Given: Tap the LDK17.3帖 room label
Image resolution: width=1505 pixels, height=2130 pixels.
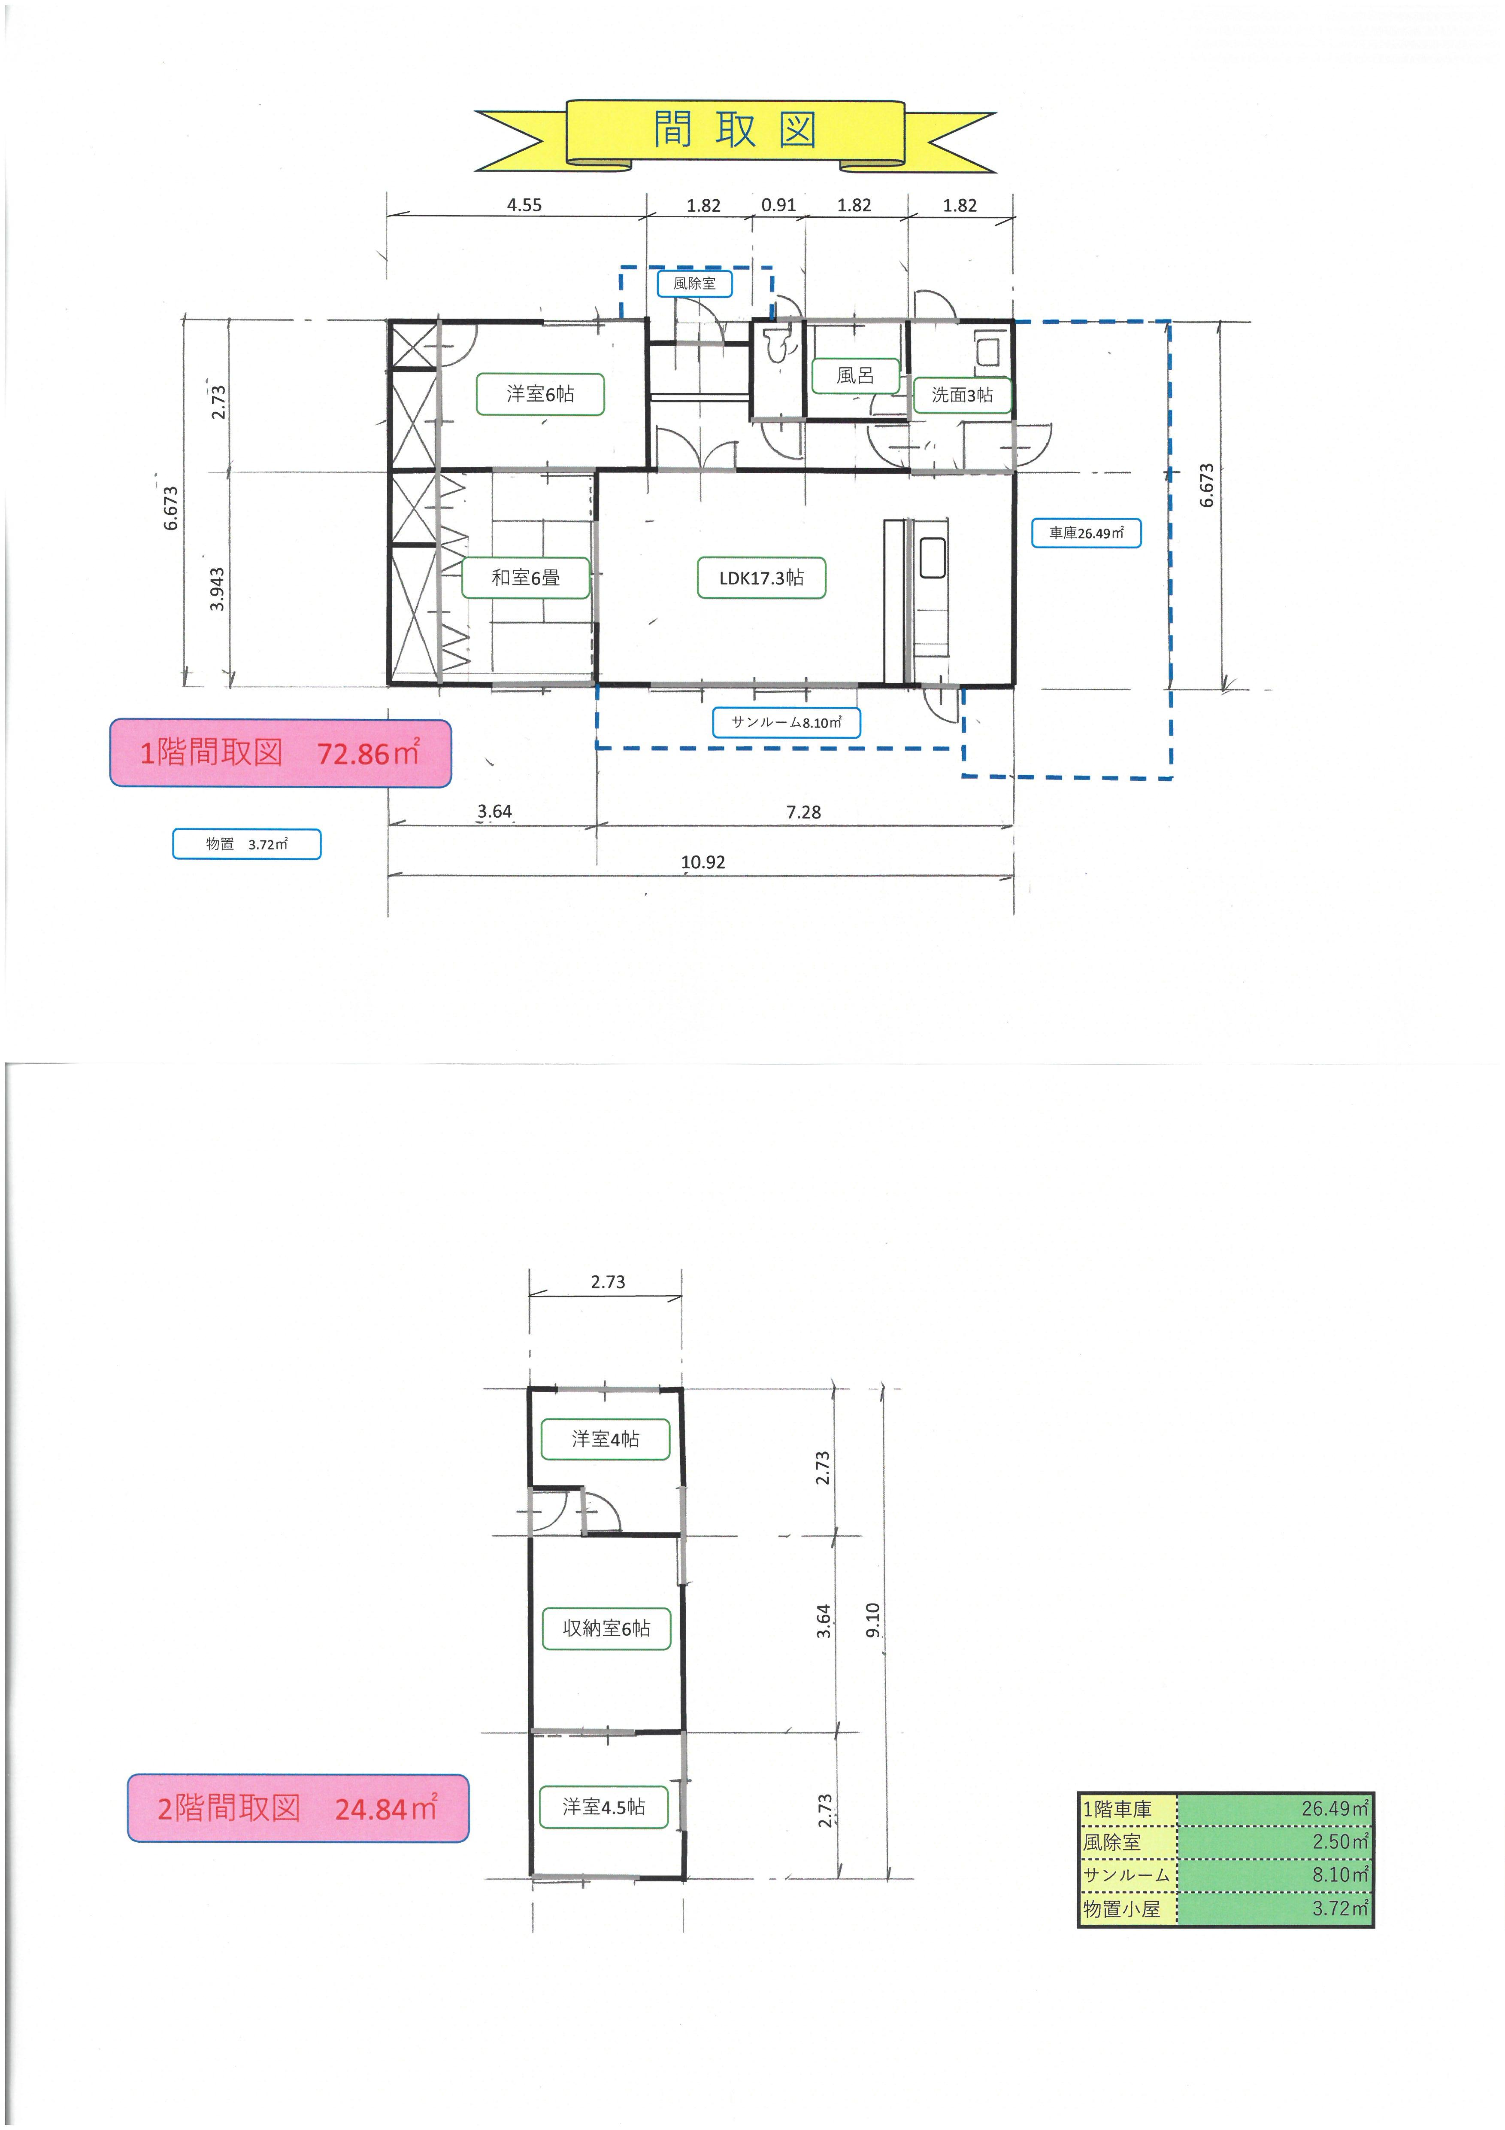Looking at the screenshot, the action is point(761,578).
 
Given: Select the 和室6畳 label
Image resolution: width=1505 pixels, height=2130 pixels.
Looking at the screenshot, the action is point(526,578).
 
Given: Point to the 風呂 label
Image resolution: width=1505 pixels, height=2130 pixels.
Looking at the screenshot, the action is point(855,376).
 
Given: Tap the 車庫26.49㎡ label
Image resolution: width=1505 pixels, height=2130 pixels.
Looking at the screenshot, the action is point(1086,533).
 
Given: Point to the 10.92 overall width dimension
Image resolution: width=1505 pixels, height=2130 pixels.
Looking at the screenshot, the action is point(703,862).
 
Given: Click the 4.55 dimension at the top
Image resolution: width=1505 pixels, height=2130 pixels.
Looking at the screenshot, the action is point(524,205).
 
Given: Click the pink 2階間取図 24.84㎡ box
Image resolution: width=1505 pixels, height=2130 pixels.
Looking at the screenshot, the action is point(298,1808).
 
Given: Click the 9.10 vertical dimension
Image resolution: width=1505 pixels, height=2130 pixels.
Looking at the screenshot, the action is point(872,1620).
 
